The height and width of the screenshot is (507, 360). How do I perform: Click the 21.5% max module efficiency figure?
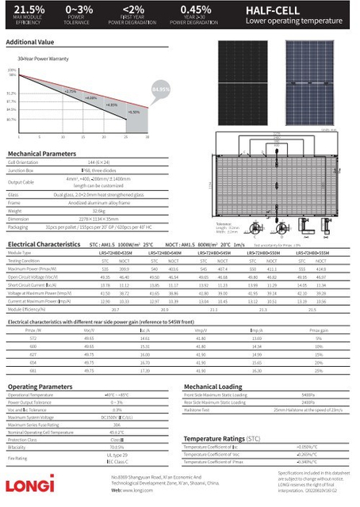23,9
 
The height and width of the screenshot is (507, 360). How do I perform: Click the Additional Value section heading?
30,41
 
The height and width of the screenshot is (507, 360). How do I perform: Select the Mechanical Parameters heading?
42,153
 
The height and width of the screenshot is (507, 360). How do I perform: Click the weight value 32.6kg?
100,211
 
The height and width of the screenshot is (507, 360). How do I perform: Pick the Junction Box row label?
21,170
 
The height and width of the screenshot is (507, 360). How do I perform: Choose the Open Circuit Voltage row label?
31,276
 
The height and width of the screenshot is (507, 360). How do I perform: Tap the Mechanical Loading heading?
213,387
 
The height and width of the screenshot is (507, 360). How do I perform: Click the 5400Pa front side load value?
308,395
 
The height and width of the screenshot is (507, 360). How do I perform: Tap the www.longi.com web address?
132,491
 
